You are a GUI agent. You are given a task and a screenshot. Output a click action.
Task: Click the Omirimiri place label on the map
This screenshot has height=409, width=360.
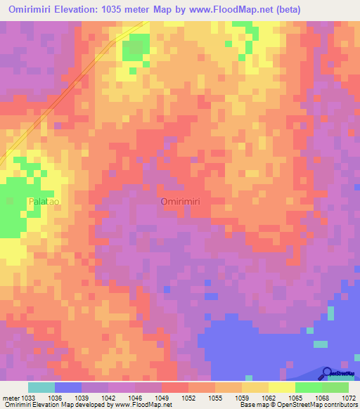click(x=181, y=201)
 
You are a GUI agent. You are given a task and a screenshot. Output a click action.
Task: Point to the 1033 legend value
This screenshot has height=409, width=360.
click(x=27, y=398)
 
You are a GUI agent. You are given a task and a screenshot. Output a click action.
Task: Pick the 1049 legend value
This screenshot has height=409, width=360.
click(x=161, y=398)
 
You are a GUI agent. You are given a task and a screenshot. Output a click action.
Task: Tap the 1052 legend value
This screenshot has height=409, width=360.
click(x=188, y=398)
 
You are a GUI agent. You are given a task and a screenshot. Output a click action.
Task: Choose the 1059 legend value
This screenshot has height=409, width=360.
click(x=241, y=398)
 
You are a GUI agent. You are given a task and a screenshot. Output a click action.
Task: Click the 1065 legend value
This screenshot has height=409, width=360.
click(x=295, y=398)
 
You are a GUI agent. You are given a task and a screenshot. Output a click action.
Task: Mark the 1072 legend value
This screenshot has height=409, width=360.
click(x=349, y=398)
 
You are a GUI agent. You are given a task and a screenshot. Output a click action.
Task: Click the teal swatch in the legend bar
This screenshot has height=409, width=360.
click(x=41, y=387)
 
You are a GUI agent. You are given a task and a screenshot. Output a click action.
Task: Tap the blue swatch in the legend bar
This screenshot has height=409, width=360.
click(x=67, y=387)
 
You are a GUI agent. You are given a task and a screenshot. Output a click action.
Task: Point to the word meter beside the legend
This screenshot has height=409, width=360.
click(x=11, y=398)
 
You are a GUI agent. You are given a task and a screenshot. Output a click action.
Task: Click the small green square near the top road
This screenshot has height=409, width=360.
click(x=131, y=50)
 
